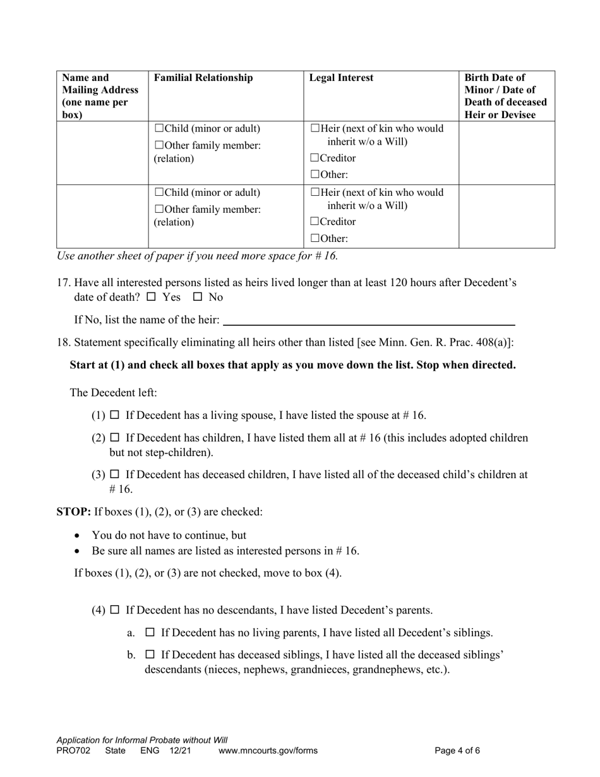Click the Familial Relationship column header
click(x=203, y=78)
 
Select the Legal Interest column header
click(x=341, y=78)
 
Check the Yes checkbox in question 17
click(x=151, y=296)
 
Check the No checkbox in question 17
click(x=198, y=296)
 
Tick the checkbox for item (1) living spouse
click(x=115, y=415)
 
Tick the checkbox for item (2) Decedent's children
click(x=115, y=437)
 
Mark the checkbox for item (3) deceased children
click(x=115, y=474)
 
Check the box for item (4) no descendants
click(x=115, y=610)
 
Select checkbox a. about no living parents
click(x=150, y=632)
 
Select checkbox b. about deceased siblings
click(x=150, y=654)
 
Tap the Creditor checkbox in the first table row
click(x=315, y=158)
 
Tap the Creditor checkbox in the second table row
click(x=315, y=222)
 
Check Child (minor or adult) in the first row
click(x=159, y=128)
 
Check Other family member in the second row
click(x=159, y=209)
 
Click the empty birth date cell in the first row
click(x=506, y=153)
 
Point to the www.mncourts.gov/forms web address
click(x=268, y=751)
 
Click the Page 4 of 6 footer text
click(x=457, y=751)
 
